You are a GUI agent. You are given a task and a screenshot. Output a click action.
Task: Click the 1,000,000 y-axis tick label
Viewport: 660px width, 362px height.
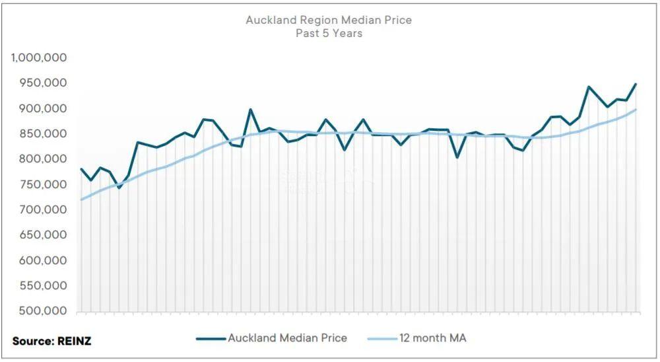38,57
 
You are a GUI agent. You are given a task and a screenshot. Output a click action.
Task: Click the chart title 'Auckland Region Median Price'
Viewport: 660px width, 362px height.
329,20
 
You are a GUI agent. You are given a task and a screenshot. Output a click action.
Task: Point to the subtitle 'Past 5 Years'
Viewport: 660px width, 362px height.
329,33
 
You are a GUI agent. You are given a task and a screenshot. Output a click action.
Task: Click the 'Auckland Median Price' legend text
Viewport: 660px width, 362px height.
287,338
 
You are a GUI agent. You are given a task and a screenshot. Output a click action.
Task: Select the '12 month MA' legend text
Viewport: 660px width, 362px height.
433,338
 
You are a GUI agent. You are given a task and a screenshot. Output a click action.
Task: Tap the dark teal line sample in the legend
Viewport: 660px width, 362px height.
211,339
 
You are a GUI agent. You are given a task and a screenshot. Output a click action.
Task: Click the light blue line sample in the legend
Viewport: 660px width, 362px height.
381,339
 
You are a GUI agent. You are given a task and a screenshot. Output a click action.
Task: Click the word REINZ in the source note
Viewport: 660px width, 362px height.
73,341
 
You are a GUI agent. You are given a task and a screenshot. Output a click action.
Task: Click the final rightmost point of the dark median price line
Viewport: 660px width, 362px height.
636,85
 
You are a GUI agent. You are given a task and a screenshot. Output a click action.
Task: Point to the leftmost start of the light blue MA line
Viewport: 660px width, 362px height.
82,199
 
